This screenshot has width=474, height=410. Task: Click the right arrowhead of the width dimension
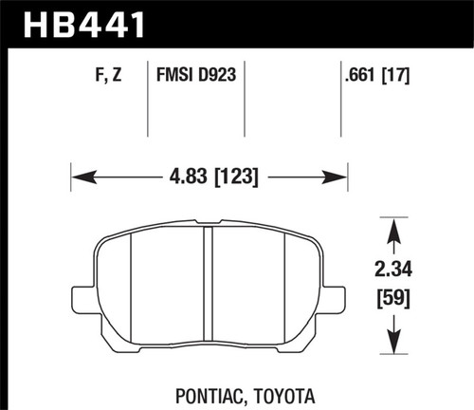339,176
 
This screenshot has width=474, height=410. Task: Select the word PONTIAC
205,392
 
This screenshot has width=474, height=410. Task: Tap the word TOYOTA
280,392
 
